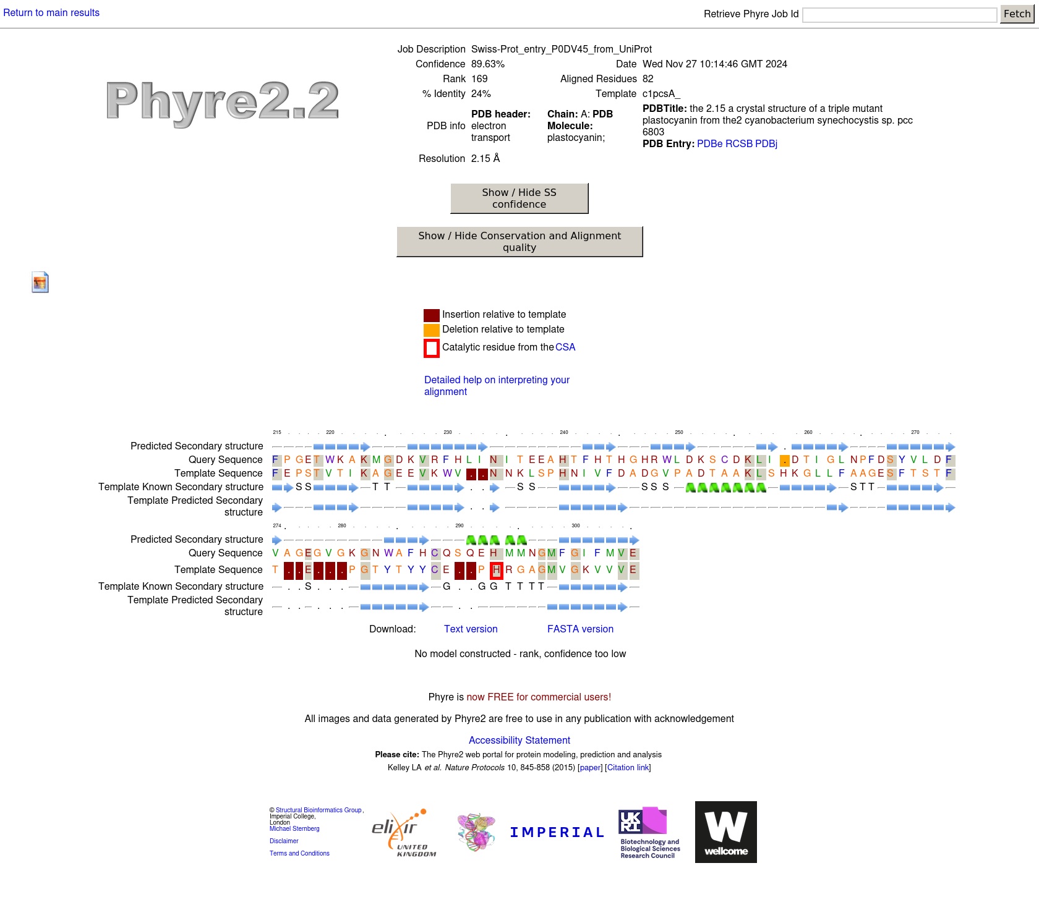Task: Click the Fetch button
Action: click(1017, 14)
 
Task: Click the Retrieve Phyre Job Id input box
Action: click(900, 15)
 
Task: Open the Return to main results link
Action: click(51, 13)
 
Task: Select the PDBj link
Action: click(766, 144)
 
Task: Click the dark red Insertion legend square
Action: click(432, 315)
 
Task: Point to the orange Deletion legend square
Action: click(432, 330)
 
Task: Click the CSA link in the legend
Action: click(565, 347)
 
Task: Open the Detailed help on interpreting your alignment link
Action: click(497, 386)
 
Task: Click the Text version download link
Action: click(471, 629)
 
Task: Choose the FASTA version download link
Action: click(580, 629)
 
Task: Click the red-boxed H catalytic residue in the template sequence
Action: click(496, 570)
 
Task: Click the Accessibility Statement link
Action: click(519, 741)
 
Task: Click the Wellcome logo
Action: click(726, 832)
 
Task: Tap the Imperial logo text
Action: click(557, 833)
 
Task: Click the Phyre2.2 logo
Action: click(223, 102)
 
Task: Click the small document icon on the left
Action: click(40, 283)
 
